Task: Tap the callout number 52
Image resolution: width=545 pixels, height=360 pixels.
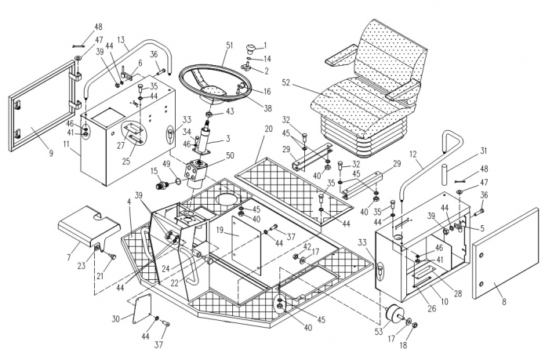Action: coord(286,82)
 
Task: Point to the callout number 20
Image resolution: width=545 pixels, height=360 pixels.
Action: coord(268,129)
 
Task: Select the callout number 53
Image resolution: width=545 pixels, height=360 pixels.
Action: coord(379,332)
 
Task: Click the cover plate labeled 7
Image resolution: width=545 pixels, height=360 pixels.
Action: coord(89,225)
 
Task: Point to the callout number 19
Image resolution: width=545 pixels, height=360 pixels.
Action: coord(220,230)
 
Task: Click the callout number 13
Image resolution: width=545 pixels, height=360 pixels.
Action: coord(121,40)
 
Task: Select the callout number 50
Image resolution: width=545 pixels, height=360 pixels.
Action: coord(230,155)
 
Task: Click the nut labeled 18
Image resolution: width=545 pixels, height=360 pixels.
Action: coord(415,325)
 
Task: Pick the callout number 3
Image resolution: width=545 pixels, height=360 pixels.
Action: coord(228,139)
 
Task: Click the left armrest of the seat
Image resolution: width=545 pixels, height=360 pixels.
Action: coord(340,56)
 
